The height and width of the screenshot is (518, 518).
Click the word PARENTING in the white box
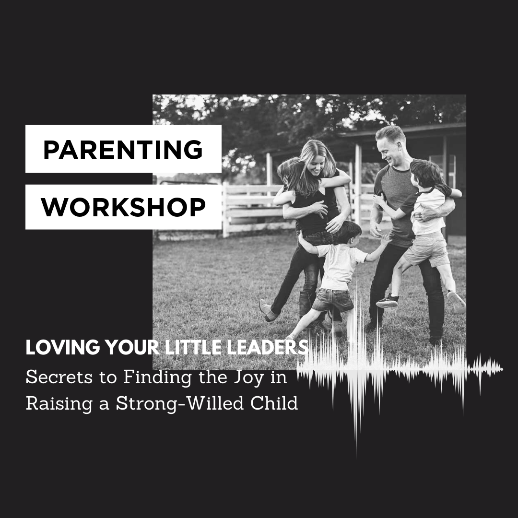point(123,150)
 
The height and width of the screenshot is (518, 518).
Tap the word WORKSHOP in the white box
point(123,207)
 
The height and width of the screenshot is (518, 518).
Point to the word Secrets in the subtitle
point(59,377)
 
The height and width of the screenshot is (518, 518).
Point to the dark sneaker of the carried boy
point(387,301)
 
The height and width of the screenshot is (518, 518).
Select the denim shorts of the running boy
point(333,299)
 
